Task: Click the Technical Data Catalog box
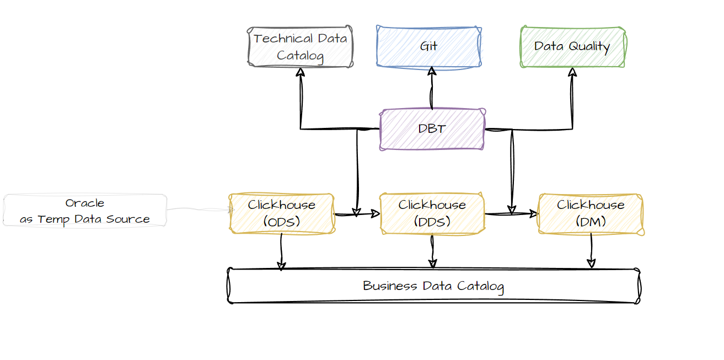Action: coord(301,47)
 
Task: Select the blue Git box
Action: coord(428,46)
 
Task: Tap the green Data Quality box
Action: coord(572,47)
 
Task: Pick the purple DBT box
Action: coord(432,129)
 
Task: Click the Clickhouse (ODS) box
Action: coord(282,213)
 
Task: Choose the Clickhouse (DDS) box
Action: coord(432,213)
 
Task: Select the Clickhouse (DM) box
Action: coord(591,213)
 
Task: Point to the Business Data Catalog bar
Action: coord(433,286)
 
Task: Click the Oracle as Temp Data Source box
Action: coord(85,211)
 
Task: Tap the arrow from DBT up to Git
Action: coord(432,88)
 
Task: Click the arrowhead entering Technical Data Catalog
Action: coord(301,72)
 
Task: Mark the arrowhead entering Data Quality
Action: coord(572,72)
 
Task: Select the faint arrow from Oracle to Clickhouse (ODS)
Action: coord(199,209)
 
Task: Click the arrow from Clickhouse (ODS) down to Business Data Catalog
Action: coord(281,251)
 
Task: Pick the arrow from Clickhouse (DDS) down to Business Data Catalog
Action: coord(432,251)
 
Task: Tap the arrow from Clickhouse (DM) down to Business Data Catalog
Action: coord(591,251)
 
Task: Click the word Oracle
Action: coord(85,203)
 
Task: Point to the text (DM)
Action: coord(591,222)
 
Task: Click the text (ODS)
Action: coord(282,222)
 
